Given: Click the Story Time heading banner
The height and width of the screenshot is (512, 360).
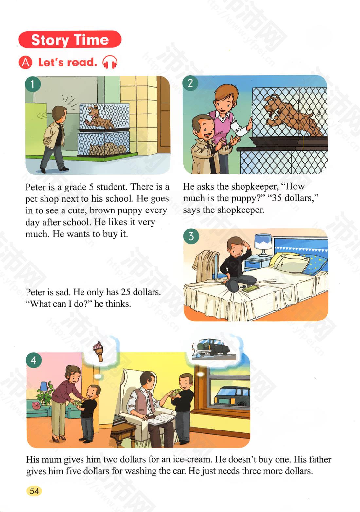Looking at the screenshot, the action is [70, 40].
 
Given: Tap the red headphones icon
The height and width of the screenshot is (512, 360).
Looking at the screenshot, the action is [110, 62].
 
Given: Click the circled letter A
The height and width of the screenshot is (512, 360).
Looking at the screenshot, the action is [26, 63].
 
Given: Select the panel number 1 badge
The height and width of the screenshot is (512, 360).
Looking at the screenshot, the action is [33, 84].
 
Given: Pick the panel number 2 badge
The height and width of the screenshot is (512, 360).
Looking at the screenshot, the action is [190, 83].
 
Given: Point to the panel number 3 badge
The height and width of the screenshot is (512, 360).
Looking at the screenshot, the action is [191, 236].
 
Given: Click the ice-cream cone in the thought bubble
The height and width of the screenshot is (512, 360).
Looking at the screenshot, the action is [98, 351].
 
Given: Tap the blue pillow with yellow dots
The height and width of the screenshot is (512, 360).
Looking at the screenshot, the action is [315, 264].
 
